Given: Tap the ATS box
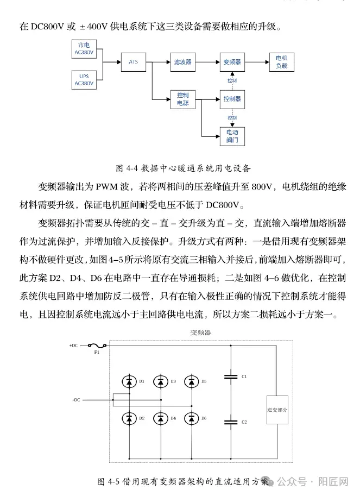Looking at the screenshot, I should (134, 62).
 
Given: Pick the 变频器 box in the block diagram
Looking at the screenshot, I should (232, 62).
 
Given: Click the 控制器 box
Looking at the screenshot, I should (232, 99).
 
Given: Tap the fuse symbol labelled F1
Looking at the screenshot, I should (97, 345).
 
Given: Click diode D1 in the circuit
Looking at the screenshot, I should (129, 382).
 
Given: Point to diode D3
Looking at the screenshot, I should (160, 382).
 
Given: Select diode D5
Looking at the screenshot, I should (191, 382).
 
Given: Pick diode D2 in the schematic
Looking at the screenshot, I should (129, 418).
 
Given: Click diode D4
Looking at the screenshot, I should (160, 418).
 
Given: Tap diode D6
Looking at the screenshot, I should (191, 418).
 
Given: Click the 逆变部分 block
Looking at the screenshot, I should (277, 410).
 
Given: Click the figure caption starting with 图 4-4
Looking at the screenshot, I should (183, 167).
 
